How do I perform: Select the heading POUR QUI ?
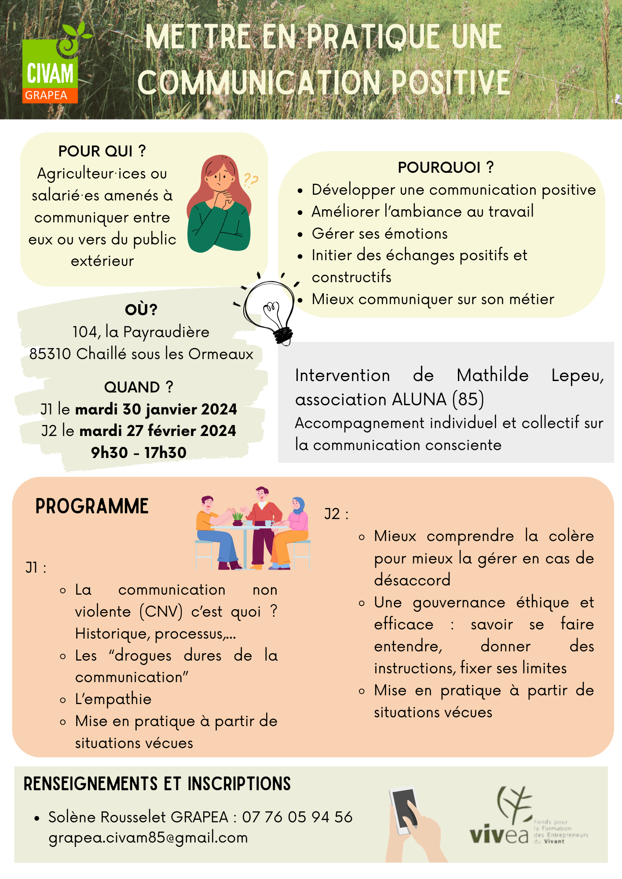coord(102,151)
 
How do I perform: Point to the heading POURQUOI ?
coord(446,167)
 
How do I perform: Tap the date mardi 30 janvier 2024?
coord(156,409)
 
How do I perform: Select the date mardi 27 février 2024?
coord(157,431)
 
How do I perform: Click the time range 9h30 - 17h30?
coord(139,452)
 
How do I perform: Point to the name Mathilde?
coord(492,375)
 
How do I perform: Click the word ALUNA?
coord(419,400)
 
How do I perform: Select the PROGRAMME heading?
coord(92,506)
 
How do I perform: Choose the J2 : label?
coord(337,514)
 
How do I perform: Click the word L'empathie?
coord(113,699)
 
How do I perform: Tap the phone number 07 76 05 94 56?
coord(297,817)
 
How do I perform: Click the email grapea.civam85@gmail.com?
coord(148,838)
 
